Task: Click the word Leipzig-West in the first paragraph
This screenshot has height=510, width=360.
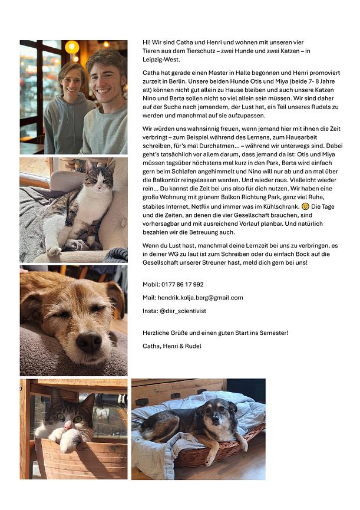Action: pos(161,60)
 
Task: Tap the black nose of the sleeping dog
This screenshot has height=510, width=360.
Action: pos(88,342)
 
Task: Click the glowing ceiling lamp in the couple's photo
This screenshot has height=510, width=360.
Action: pos(72,47)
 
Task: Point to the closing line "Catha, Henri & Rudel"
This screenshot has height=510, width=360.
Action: pos(171,346)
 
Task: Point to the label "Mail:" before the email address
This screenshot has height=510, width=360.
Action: pos(150,298)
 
